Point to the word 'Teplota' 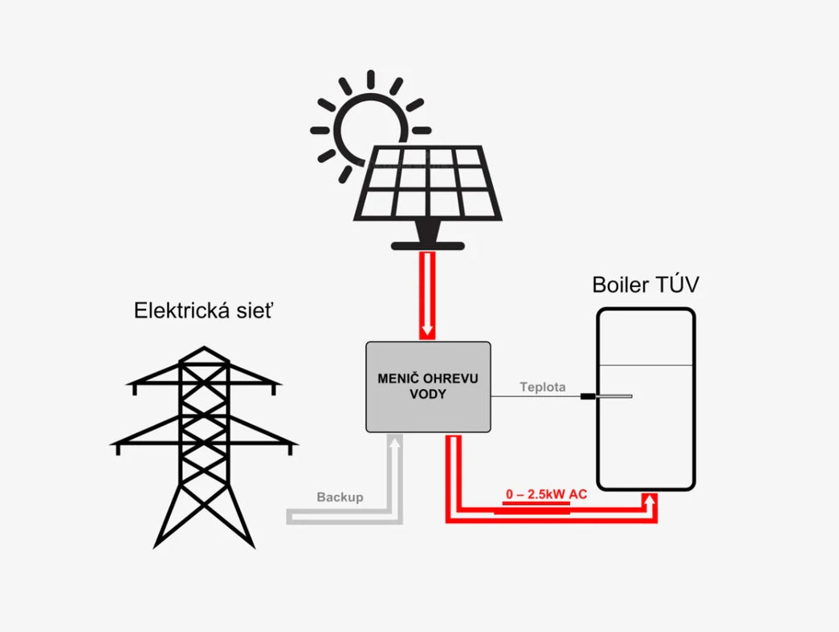(543, 387)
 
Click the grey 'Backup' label (340, 497)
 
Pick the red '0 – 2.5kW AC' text (546, 494)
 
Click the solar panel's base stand (426, 241)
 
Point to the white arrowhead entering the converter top (428, 330)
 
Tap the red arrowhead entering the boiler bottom (652, 500)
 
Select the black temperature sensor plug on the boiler (589, 395)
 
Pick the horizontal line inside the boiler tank (645, 366)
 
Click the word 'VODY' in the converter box (428, 395)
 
